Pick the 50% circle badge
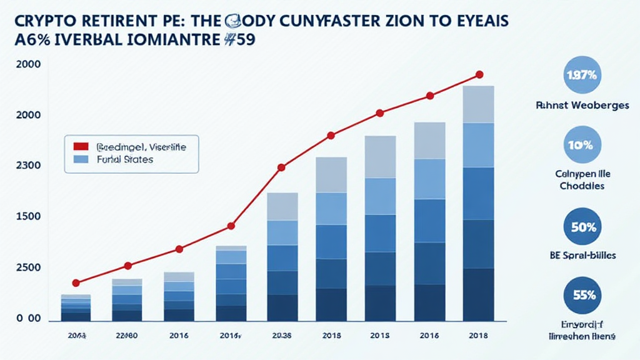click(x=581, y=227)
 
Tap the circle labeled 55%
click(x=581, y=295)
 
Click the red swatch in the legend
click(x=81, y=147)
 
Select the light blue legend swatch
click(x=81, y=159)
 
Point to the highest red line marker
click(x=479, y=74)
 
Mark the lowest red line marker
click(x=76, y=283)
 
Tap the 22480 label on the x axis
click(x=127, y=336)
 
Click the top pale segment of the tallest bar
click(x=479, y=104)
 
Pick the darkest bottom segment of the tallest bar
click(x=479, y=295)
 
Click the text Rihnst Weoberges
click(x=581, y=106)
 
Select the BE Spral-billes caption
click(x=581, y=256)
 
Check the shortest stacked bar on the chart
click(x=76, y=307)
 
